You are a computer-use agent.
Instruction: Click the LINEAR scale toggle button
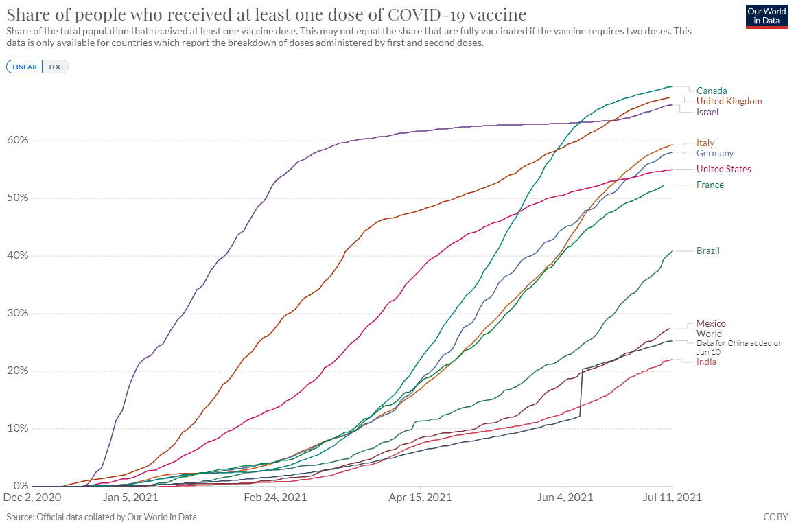(x=25, y=67)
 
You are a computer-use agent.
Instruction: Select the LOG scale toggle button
(x=56, y=67)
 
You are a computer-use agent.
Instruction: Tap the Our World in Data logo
(x=766, y=16)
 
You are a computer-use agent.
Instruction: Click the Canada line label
(x=711, y=91)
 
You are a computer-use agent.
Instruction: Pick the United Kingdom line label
(x=729, y=101)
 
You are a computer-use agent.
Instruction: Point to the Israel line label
(x=707, y=112)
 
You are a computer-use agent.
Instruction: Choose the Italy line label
(x=705, y=143)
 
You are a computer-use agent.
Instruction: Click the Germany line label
(x=714, y=153)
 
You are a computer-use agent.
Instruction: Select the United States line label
(x=723, y=169)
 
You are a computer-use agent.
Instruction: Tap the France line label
(x=710, y=185)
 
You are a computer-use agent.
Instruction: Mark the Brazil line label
(x=707, y=250)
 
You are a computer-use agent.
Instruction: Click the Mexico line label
(x=710, y=323)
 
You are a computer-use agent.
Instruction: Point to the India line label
(x=706, y=362)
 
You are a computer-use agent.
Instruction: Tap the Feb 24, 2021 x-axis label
(x=275, y=497)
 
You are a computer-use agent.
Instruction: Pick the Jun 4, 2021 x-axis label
(x=565, y=497)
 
